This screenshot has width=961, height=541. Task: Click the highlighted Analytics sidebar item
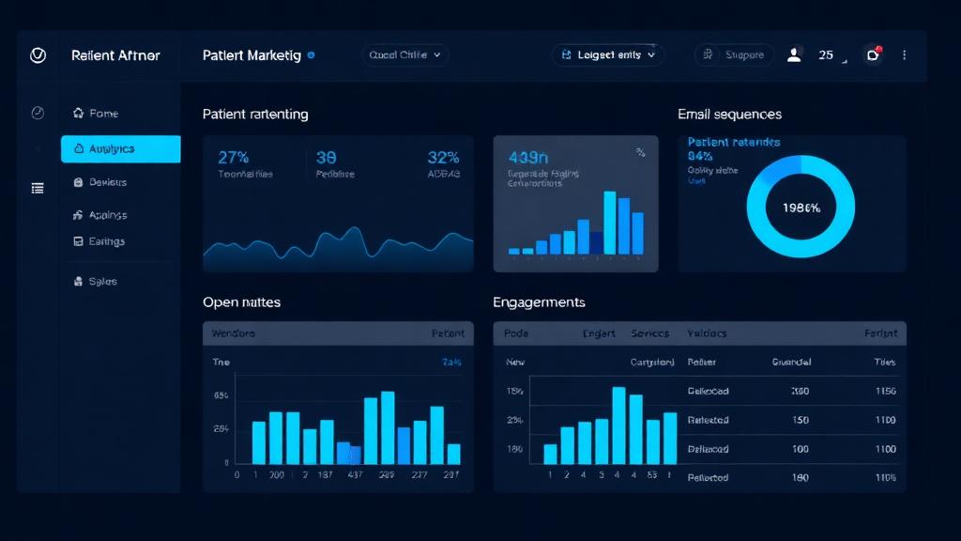tap(120, 148)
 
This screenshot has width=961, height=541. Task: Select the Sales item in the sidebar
tap(102, 281)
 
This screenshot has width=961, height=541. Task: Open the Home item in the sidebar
tap(103, 114)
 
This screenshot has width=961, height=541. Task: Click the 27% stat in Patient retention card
tap(234, 158)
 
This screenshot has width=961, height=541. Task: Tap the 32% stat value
tap(443, 158)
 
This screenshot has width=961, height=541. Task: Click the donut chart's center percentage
tap(801, 208)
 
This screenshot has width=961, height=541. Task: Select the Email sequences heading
tap(729, 114)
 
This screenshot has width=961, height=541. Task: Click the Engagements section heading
tap(539, 302)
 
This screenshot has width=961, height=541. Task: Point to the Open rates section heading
tap(241, 302)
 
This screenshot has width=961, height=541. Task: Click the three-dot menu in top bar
tap(904, 55)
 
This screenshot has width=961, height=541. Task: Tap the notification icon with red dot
tap(873, 54)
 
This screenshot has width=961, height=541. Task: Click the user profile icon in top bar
tap(794, 55)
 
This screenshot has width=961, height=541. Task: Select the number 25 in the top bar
tap(826, 55)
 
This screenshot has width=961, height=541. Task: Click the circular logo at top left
tap(38, 55)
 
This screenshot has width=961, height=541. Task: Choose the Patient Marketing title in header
tap(252, 55)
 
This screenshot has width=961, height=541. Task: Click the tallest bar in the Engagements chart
tap(618, 425)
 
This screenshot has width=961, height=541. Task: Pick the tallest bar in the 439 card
tap(609, 223)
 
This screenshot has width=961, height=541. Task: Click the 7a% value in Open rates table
tap(450, 362)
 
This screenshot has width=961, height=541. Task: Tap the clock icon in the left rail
tap(38, 113)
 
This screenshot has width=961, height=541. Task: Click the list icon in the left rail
tap(38, 188)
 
